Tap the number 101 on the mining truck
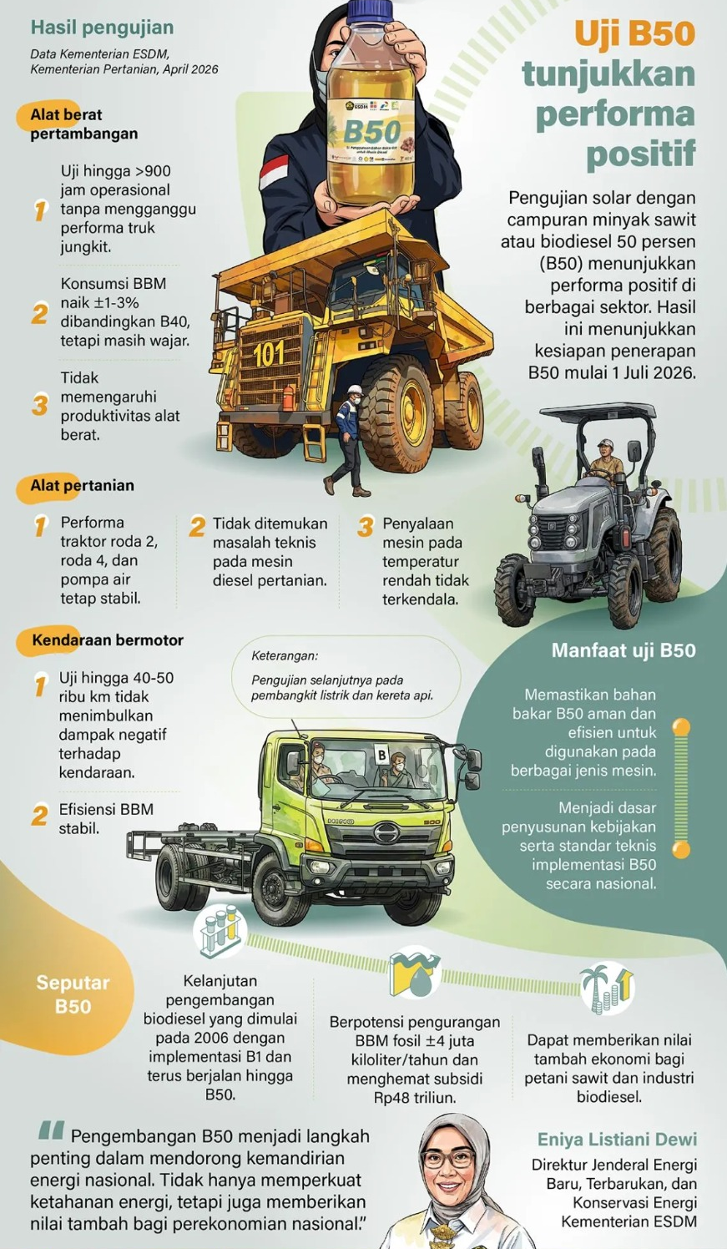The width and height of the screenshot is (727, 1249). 269,355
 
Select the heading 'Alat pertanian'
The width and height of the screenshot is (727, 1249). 82,485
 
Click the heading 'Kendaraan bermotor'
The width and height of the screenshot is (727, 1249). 107,640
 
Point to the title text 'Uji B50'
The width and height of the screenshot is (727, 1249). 634,34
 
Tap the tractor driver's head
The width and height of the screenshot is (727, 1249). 606,446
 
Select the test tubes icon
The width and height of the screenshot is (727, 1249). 220,930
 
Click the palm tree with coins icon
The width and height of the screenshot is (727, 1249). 607,989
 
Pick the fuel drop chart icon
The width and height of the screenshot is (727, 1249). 415,972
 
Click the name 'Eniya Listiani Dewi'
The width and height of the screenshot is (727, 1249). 617,1140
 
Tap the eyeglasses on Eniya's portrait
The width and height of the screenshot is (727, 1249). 449,1159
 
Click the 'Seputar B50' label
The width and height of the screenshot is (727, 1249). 73,994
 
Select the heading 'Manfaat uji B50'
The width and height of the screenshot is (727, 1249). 623,650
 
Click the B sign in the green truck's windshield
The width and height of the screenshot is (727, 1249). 381,755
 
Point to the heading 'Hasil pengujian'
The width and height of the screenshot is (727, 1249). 102,28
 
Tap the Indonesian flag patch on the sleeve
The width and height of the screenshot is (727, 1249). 274,171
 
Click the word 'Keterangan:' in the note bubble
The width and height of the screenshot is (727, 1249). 285,656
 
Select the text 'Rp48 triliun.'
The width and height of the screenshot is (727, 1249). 415,1098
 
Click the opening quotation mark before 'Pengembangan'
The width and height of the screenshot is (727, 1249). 52,1131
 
